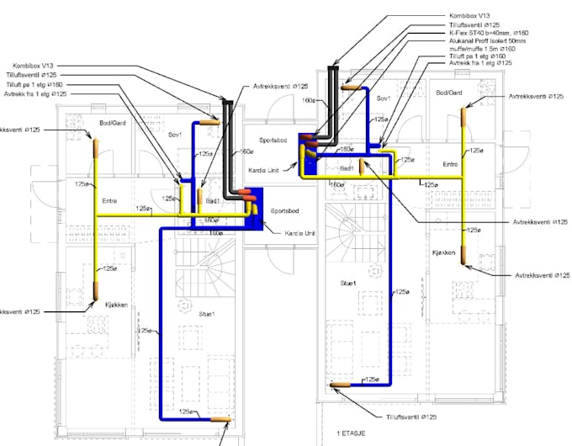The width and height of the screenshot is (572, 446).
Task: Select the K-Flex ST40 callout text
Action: (479, 32)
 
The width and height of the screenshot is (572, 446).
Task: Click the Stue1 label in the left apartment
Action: (207, 313)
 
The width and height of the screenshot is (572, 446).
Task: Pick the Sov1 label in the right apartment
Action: (384, 98)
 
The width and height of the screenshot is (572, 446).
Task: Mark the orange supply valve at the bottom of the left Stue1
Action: (220, 417)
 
